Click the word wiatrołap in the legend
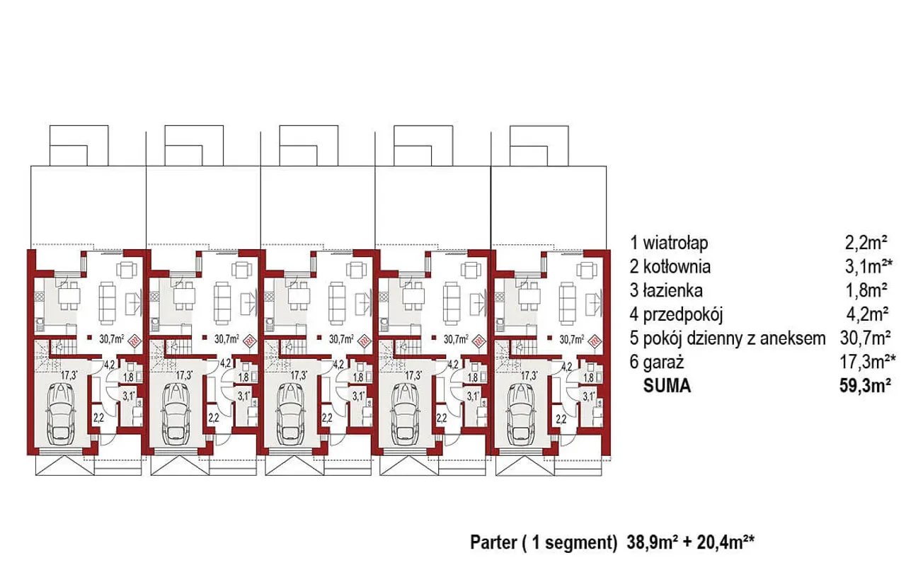coord(675,244)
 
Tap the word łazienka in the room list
coord(672,290)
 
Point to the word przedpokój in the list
coord(682,314)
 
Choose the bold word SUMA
coord(667,386)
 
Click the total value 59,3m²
coord(865,385)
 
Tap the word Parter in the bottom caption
coord(493,543)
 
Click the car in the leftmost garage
coord(61,413)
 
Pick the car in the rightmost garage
coord(521,413)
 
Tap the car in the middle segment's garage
coord(291,413)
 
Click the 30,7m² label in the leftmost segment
coord(112,339)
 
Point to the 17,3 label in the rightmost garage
coord(529,375)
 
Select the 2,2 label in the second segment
coord(214,418)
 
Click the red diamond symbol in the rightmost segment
coord(595,341)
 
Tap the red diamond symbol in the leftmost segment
coord(134,341)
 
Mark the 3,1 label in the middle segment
coord(358,396)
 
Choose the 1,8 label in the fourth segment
coord(472,377)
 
